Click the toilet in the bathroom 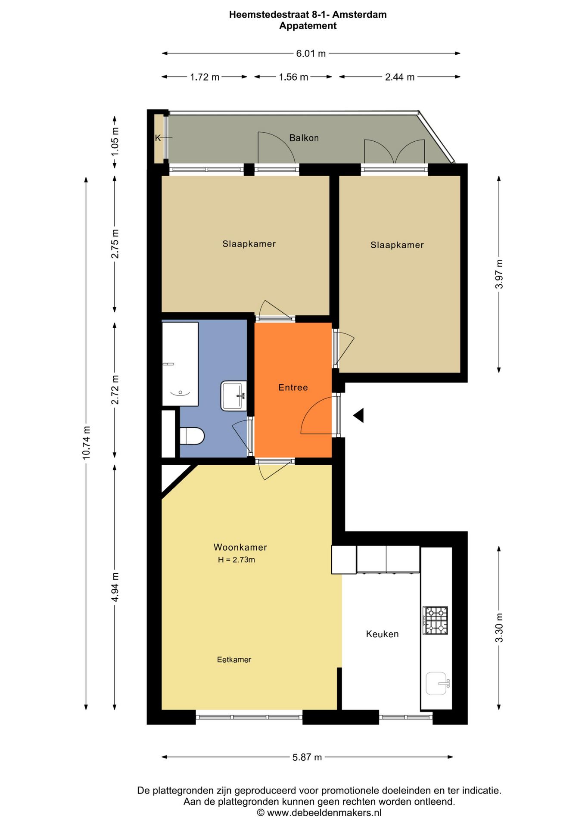[x=192, y=436]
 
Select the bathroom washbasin [x=233, y=395]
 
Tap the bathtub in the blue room [x=180, y=364]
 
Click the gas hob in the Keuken [x=436, y=620]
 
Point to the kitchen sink [x=436, y=683]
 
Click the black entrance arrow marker [x=359, y=416]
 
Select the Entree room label [x=293, y=387]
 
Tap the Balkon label [x=304, y=138]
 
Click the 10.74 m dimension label [x=87, y=442]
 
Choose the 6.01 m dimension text [x=311, y=53]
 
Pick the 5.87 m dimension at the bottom [x=307, y=757]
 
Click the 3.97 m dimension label [x=499, y=274]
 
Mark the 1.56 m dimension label [x=293, y=77]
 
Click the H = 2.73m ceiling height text [x=236, y=560]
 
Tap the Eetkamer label [x=234, y=659]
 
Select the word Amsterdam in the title [x=359, y=15]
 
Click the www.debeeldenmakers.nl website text [x=324, y=813]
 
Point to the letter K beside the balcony [x=158, y=138]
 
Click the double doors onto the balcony [x=395, y=153]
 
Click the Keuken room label [x=382, y=634]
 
